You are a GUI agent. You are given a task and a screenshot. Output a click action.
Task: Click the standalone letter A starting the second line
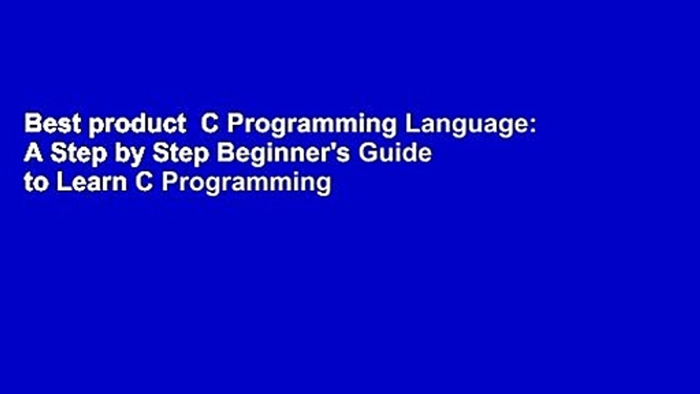tap(33, 154)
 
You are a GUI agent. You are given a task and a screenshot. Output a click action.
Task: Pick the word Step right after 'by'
tap(181, 155)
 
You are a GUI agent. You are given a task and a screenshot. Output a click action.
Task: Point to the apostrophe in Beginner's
tap(335, 148)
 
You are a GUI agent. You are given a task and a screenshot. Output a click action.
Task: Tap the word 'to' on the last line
tap(36, 183)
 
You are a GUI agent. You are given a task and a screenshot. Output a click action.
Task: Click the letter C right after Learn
tap(143, 183)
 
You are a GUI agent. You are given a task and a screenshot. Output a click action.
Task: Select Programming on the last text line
tap(246, 184)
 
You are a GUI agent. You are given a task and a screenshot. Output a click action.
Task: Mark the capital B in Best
tap(32, 125)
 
